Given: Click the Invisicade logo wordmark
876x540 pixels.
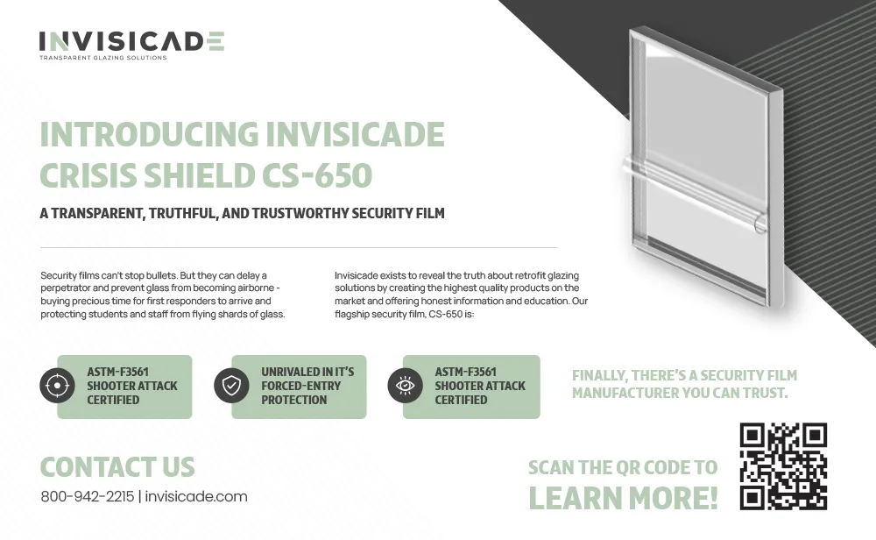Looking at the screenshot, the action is [x=132, y=41].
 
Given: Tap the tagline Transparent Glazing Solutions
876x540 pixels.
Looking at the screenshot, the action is [x=102, y=58].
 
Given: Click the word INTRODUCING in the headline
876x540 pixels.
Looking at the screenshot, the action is [x=149, y=134].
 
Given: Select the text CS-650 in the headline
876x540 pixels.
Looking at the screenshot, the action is [x=317, y=175].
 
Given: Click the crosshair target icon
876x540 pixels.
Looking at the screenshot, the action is [x=57, y=386].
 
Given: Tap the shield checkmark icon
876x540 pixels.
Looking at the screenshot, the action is [x=231, y=386].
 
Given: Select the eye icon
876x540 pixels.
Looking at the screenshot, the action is [x=405, y=386].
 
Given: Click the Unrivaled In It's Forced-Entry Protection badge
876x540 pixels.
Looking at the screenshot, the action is [x=299, y=387].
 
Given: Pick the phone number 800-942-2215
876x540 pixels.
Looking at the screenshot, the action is [x=87, y=496].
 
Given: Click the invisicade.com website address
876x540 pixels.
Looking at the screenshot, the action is [x=196, y=496].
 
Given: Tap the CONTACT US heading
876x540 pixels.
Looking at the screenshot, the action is [x=117, y=467].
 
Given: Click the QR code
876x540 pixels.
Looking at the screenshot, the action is [x=783, y=466].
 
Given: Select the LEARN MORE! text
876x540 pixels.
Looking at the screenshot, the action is [x=623, y=498].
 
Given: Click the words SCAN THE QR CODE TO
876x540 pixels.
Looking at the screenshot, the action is [x=623, y=467].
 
